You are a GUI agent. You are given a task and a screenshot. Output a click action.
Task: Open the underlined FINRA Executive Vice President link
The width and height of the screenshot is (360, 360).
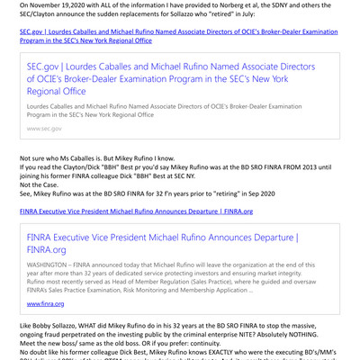click(136, 211)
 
